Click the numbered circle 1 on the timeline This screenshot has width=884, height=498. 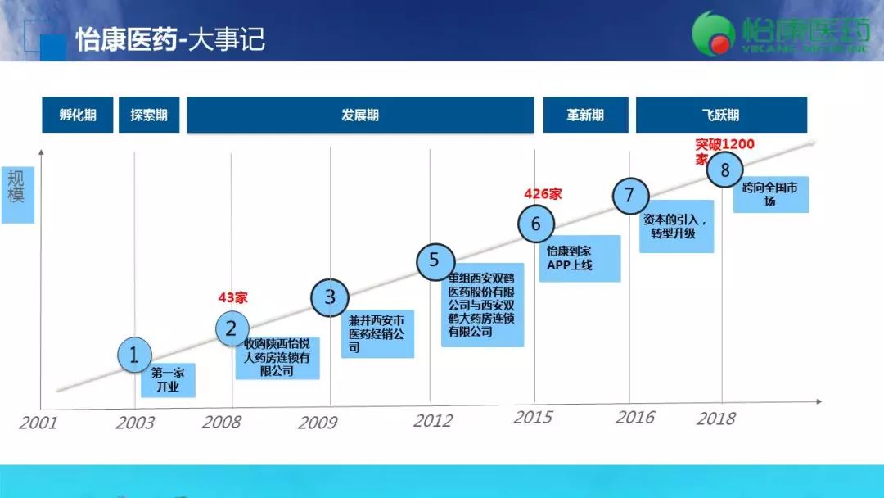click(134, 355)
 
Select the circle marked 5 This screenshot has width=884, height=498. click(434, 261)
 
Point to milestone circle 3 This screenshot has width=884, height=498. click(330, 297)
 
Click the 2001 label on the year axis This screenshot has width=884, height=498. click(38, 423)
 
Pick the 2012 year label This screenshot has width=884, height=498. click(432, 421)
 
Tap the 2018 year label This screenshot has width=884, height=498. click(715, 419)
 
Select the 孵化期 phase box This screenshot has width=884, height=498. click(77, 115)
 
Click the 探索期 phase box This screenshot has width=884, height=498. click(148, 115)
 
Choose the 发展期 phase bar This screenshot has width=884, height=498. click(360, 115)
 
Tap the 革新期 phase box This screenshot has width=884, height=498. click(585, 115)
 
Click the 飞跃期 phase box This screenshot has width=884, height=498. click(721, 115)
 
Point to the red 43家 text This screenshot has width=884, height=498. click(232, 298)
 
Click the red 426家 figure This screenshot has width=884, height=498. click(543, 194)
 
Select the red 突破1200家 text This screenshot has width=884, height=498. click(724, 151)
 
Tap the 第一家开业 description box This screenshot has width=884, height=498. click(168, 380)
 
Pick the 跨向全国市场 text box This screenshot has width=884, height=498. click(770, 195)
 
